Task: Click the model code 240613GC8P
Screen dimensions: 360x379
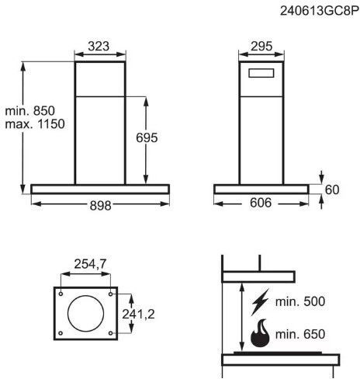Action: click(x=320, y=11)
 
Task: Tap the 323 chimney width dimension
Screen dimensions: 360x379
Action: click(x=99, y=47)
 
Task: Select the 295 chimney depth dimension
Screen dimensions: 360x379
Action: click(x=261, y=47)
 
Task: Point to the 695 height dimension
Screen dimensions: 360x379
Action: click(x=147, y=137)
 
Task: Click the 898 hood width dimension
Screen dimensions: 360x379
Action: click(x=100, y=206)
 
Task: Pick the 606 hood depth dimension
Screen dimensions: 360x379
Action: click(x=261, y=203)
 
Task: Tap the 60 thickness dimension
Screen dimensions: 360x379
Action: click(x=332, y=189)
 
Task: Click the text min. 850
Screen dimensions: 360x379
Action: click(x=30, y=111)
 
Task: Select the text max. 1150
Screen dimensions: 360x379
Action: click(x=35, y=124)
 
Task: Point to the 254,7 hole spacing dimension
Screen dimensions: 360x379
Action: click(x=90, y=264)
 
